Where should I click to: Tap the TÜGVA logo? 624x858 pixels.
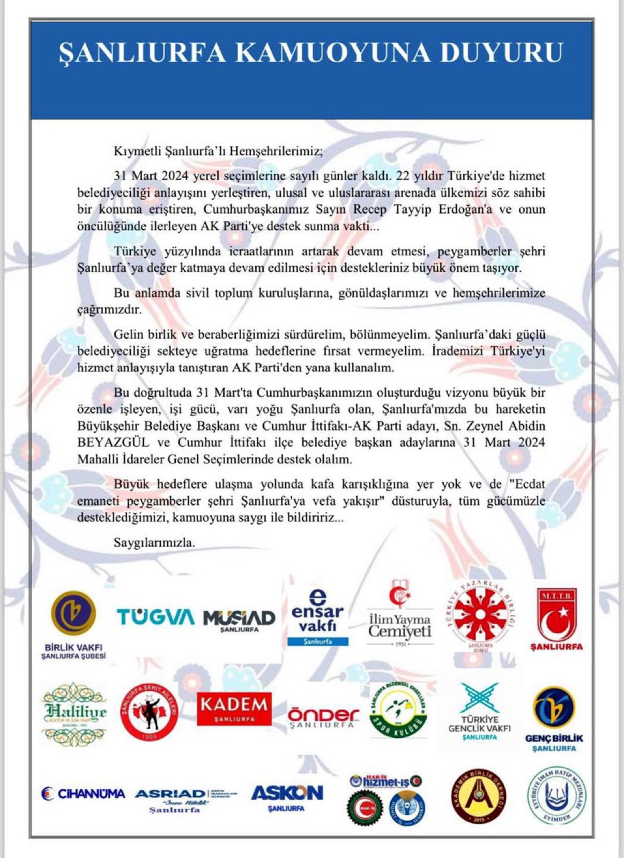pyautogui.click(x=155, y=617)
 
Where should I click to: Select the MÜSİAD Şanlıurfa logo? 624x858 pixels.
pyautogui.click(x=239, y=620)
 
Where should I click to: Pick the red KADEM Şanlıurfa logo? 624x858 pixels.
pyautogui.click(x=234, y=708)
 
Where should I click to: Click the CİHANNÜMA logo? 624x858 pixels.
pyautogui.click(x=83, y=793)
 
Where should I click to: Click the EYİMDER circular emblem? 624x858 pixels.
pyautogui.click(x=557, y=796)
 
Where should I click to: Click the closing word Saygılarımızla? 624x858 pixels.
pyautogui.click(x=154, y=542)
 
